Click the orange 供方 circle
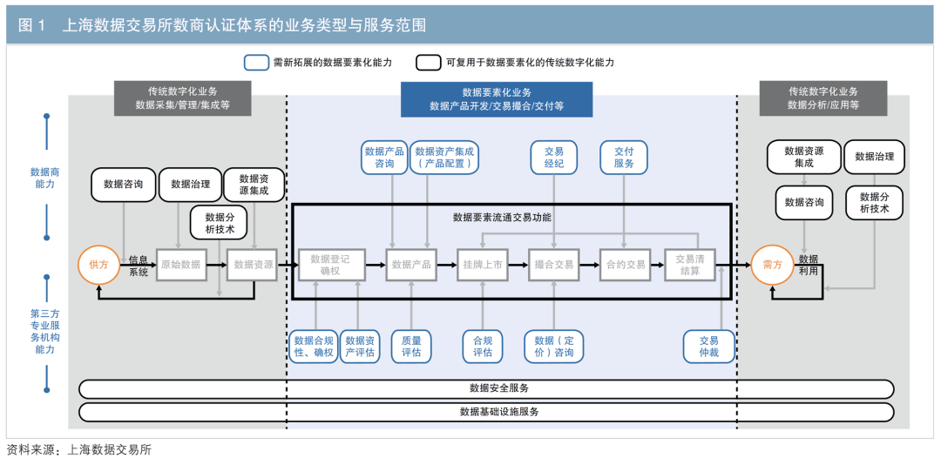pyautogui.click(x=100, y=265)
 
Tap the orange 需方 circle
pyautogui.click(x=772, y=265)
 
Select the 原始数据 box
pyautogui.click(x=180, y=265)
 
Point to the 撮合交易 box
pyautogui.click(x=554, y=265)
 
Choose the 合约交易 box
pyautogui.click(x=626, y=265)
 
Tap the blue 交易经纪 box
pyautogui.click(x=554, y=157)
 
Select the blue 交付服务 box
pyautogui.click(x=624, y=157)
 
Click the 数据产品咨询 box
pyautogui.click(x=385, y=157)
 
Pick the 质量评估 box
pyautogui.click(x=410, y=346)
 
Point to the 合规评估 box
pyautogui.click(x=483, y=346)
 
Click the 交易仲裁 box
pyautogui.click(x=709, y=346)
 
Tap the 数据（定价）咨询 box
pyautogui.click(x=554, y=346)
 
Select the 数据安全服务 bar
pyautogui.click(x=486, y=388)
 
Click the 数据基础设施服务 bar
pyautogui.click(x=486, y=411)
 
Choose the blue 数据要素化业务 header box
pyautogui.click(x=497, y=99)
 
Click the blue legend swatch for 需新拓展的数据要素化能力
pyautogui.click(x=256, y=63)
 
